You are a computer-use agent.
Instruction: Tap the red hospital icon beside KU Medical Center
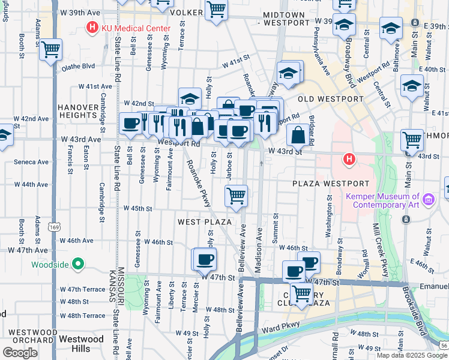click(92, 27)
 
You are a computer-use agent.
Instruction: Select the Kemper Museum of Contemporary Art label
click(382, 200)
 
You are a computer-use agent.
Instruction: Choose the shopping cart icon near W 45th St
click(237, 195)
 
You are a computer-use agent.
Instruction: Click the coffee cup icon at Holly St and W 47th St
click(204, 259)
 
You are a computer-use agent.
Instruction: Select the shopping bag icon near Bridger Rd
click(298, 136)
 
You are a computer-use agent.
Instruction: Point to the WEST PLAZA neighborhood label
click(205, 222)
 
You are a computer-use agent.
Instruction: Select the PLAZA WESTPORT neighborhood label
click(331, 183)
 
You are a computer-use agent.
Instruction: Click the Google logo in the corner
click(20, 353)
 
